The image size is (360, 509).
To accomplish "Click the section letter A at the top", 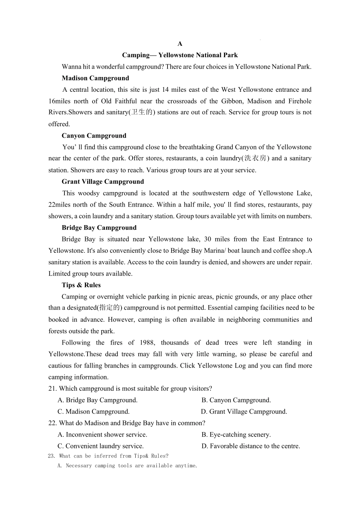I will point(180,44).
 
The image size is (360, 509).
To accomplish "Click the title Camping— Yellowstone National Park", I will point(180,55).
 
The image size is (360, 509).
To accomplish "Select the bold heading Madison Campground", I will point(95,78).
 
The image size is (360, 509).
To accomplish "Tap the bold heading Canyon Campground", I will point(94,136).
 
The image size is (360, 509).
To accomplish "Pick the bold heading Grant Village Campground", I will point(103,182).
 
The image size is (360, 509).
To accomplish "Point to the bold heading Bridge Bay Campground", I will point(99,227).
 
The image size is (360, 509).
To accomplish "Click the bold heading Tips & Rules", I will point(81,285).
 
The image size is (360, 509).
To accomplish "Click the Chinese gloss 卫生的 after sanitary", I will point(141,113).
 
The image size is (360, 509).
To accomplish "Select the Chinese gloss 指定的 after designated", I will point(110,308).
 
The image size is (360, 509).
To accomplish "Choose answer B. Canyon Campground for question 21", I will point(236,400).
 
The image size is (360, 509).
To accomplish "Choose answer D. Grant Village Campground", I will point(244,412).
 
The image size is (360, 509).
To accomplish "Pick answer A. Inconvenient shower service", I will point(102,435).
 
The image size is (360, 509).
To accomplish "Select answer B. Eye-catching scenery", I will point(236,435).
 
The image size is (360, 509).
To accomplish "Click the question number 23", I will point(52,456).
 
